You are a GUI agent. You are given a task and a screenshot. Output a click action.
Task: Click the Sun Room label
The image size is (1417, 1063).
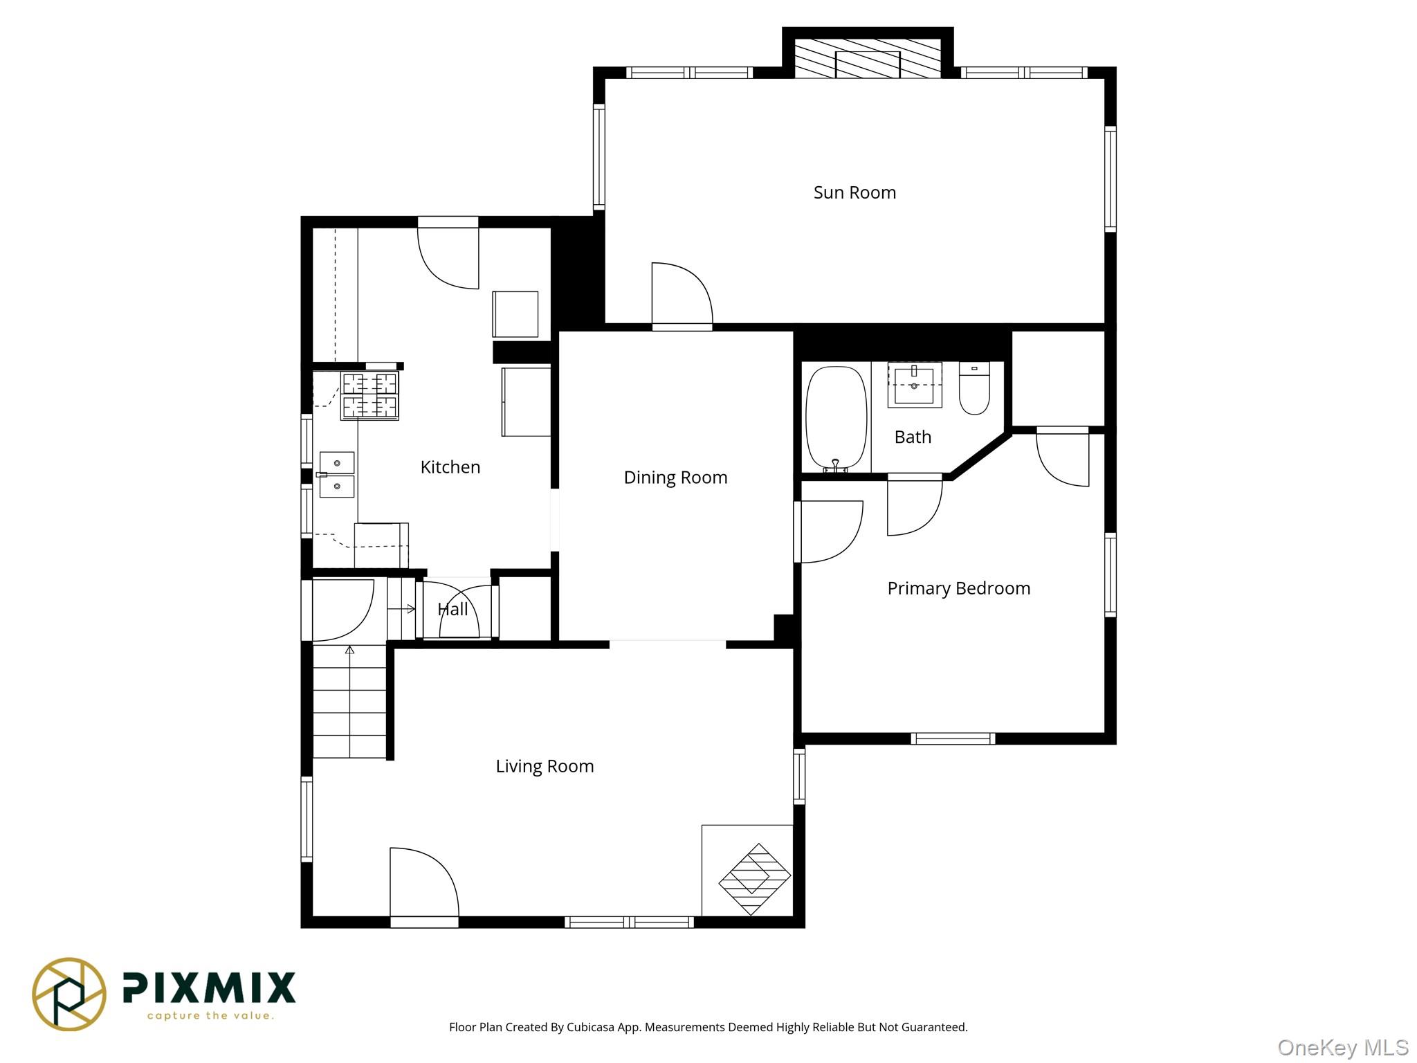pos(854,192)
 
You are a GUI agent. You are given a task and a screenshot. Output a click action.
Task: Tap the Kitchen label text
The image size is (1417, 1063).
pos(450,467)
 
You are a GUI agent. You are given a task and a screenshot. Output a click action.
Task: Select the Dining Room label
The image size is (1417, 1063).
pos(675,478)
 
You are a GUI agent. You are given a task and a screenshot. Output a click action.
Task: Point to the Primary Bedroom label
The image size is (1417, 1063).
pos(958,588)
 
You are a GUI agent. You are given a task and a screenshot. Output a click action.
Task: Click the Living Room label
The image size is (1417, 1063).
pos(545,766)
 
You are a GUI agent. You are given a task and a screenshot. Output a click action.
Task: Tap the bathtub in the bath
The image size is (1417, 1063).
pos(836,418)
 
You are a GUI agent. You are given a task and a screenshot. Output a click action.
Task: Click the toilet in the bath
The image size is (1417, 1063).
pos(974,389)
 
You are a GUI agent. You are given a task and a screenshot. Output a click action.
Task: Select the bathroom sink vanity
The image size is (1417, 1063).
pos(914,385)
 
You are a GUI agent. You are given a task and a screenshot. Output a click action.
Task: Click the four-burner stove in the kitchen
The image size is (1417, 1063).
pos(370,396)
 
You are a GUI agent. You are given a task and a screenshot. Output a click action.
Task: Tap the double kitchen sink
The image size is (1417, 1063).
pos(337,475)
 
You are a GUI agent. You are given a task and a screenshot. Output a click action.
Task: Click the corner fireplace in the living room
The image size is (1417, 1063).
pos(753,879)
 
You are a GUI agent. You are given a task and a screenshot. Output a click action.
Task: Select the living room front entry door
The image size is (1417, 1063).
pos(423,886)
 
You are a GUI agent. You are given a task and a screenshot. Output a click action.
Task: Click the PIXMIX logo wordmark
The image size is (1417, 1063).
pos(209,988)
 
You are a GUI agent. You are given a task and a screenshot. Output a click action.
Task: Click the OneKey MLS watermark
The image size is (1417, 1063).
pos(1342,1047)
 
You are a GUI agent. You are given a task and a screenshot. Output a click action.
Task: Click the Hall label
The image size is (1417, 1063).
pos(452,610)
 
